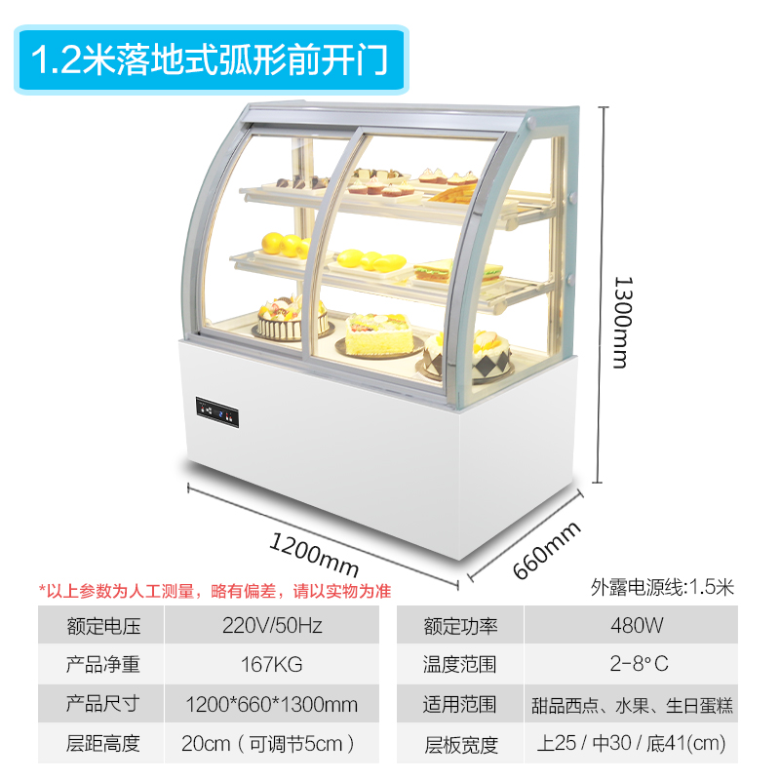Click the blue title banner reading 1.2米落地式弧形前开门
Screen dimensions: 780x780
(211, 60)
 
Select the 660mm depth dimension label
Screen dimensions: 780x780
(547, 551)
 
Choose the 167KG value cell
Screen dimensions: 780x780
(271, 665)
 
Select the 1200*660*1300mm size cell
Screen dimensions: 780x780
(271, 704)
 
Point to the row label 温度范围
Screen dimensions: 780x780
(460, 665)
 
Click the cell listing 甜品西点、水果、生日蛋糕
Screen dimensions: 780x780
(632, 704)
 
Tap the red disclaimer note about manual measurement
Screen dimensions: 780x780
(214, 590)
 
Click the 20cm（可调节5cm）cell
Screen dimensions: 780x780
(271, 744)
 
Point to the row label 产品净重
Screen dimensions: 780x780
(102, 665)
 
